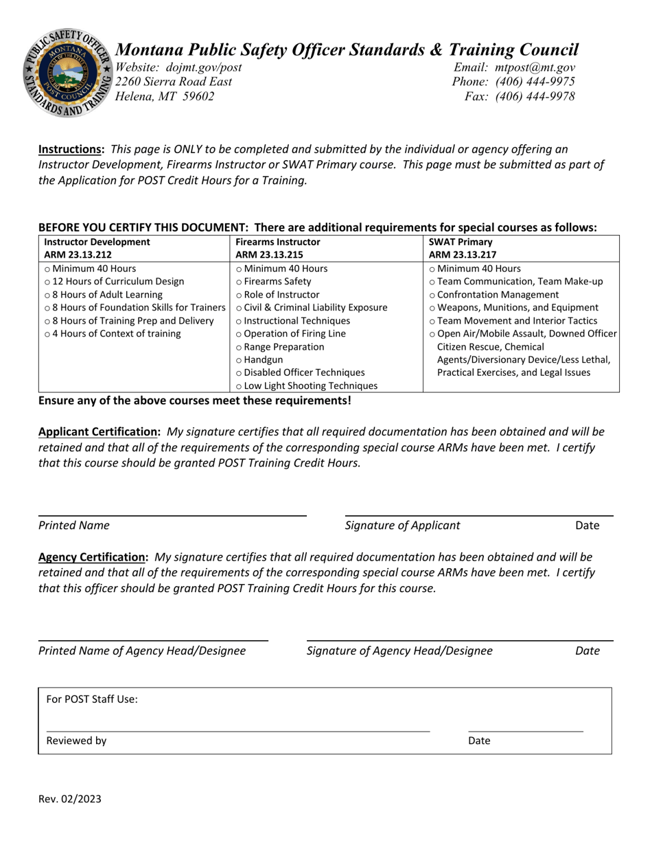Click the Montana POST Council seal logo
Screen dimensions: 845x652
coord(69,74)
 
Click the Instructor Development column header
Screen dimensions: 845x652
coord(97,242)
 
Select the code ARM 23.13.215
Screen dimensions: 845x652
coord(268,254)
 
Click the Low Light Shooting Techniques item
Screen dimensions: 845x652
coord(311,385)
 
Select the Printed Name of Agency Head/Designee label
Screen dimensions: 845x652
coord(142,651)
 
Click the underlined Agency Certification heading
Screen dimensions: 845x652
coord(93,557)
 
